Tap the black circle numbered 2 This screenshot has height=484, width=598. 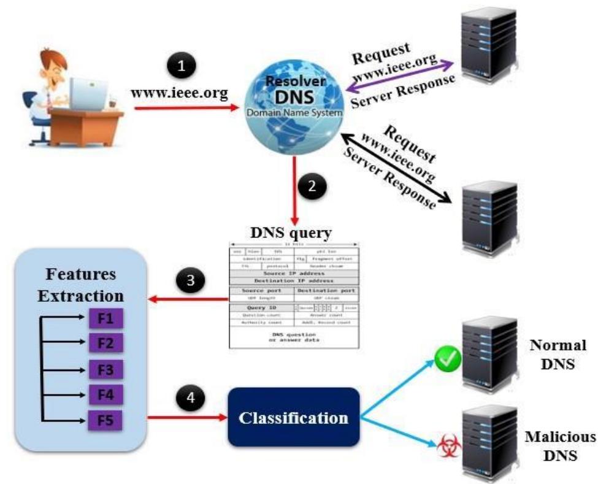tap(313, 187)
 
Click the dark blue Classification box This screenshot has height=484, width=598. tap(294, 417)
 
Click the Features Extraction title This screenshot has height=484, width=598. tap(80, 285)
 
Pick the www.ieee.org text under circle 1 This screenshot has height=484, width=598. tap(179, 94)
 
